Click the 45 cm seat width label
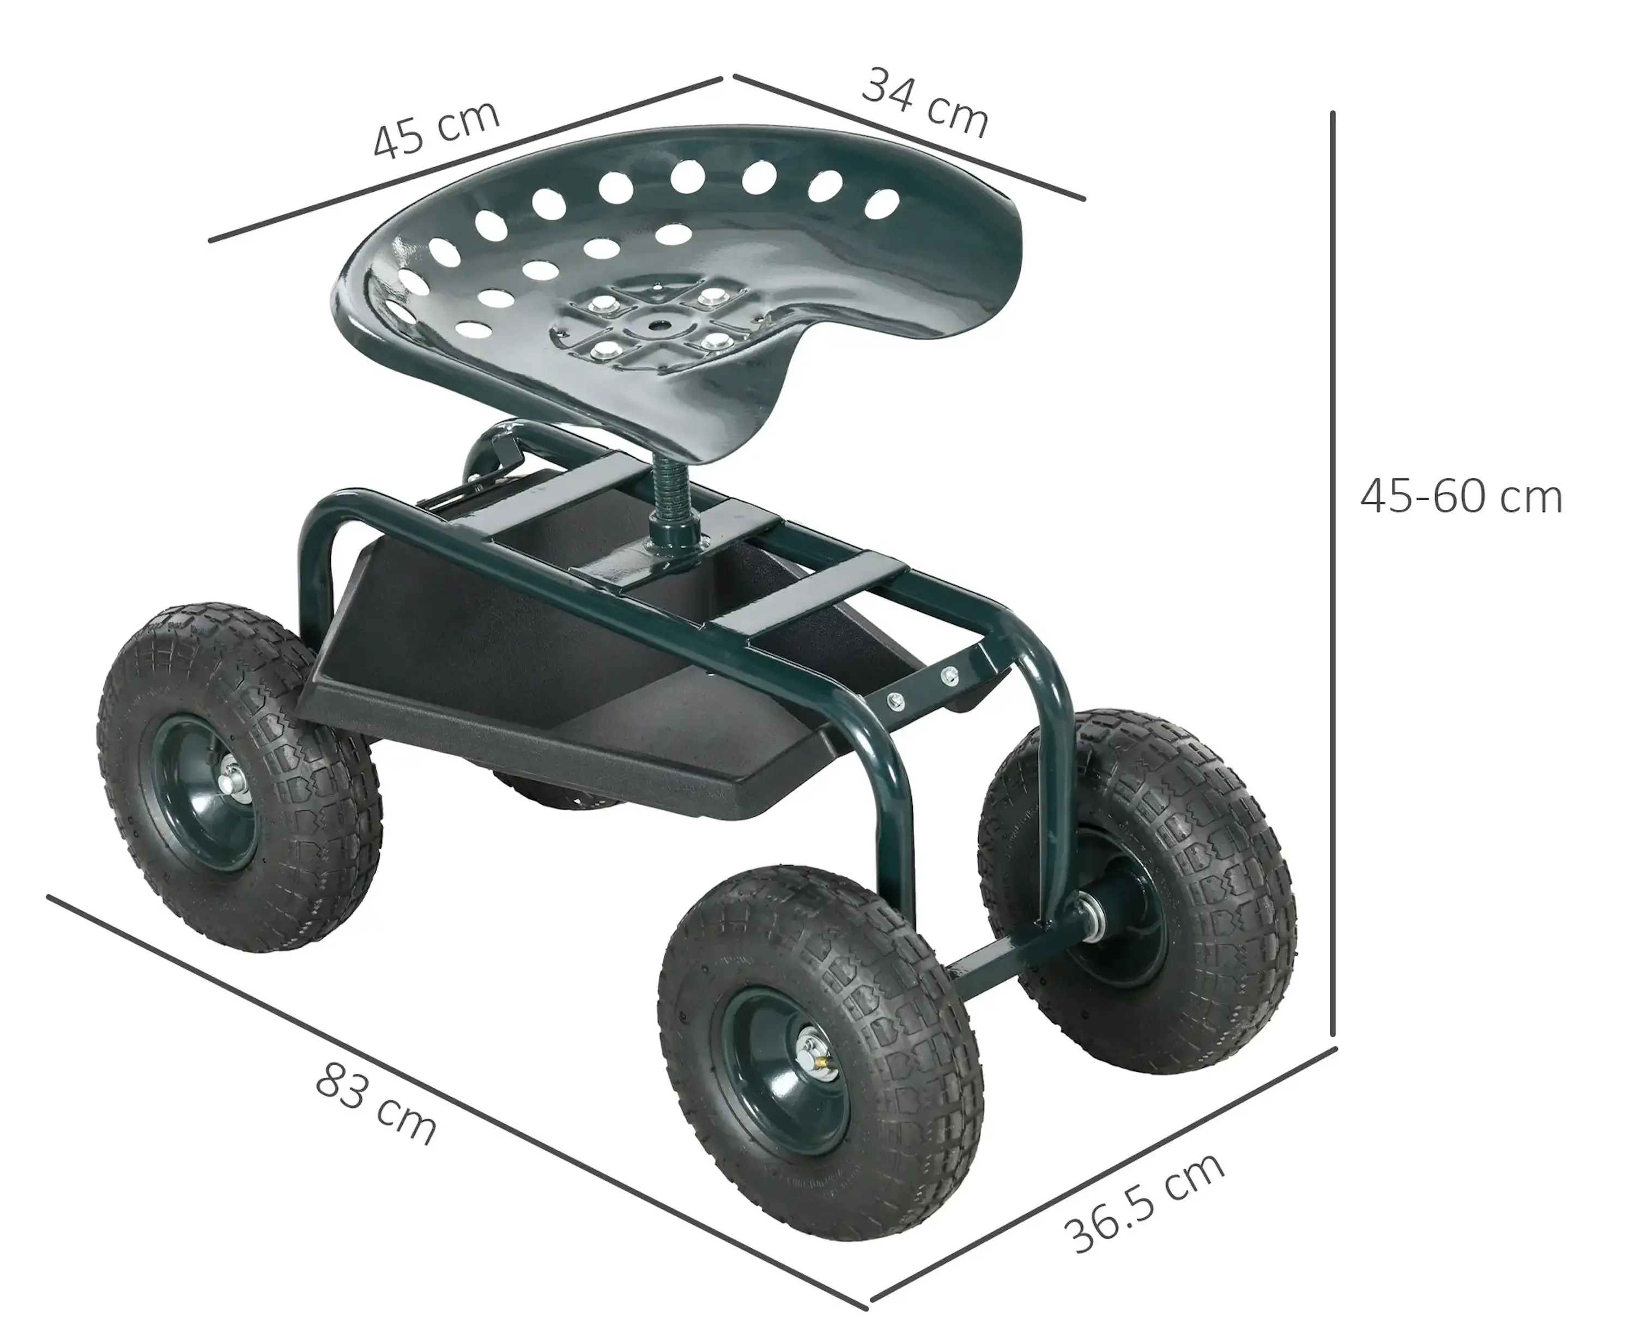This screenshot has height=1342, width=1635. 436,129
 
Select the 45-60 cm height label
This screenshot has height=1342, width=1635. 1461,497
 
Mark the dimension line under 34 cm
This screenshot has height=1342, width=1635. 909,137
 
